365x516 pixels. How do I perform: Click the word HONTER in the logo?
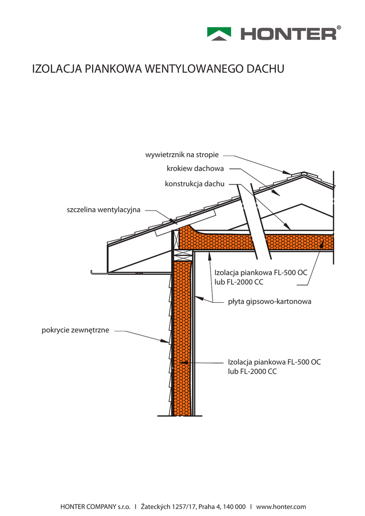(288, 34)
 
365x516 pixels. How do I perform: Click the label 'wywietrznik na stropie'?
(182, 155)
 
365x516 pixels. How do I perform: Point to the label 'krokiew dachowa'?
(195, 168)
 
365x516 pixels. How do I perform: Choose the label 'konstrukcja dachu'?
(194, 184)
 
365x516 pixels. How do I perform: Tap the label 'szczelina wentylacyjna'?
(103, 209)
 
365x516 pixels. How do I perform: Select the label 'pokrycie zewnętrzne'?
(75, 331)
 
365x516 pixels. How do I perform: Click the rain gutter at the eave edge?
(99, 273)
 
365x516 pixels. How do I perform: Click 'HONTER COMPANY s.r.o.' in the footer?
(95, 506)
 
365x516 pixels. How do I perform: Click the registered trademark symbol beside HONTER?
(339, 27)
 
